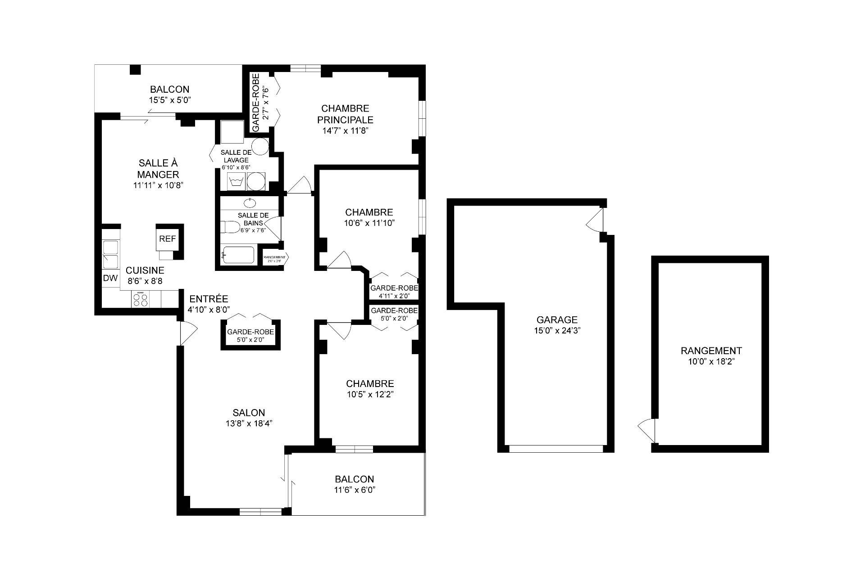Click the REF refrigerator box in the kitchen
click(x=167, y=239)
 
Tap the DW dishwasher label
click(x=110, y=278)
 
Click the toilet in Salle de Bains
click(x=230, y=227)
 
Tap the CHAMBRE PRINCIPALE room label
click(x=345, y=114)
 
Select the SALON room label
click(x=249, y=413)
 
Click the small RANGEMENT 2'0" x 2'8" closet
click(x=274, y=258)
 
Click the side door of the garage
click(x=595, y=220)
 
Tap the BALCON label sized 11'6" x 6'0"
click(x=354, y=479)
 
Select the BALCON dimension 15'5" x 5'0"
click(x=170, y=100)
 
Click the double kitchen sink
click(x=110, y=254)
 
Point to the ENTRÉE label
click(x=209, y=299)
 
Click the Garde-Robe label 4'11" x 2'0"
click(x=394, y=296)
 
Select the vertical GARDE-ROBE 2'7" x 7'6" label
click(x=260, y=103)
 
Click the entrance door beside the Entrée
click(x=187, y=333)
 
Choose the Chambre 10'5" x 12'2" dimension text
click(x=370, y=395)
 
